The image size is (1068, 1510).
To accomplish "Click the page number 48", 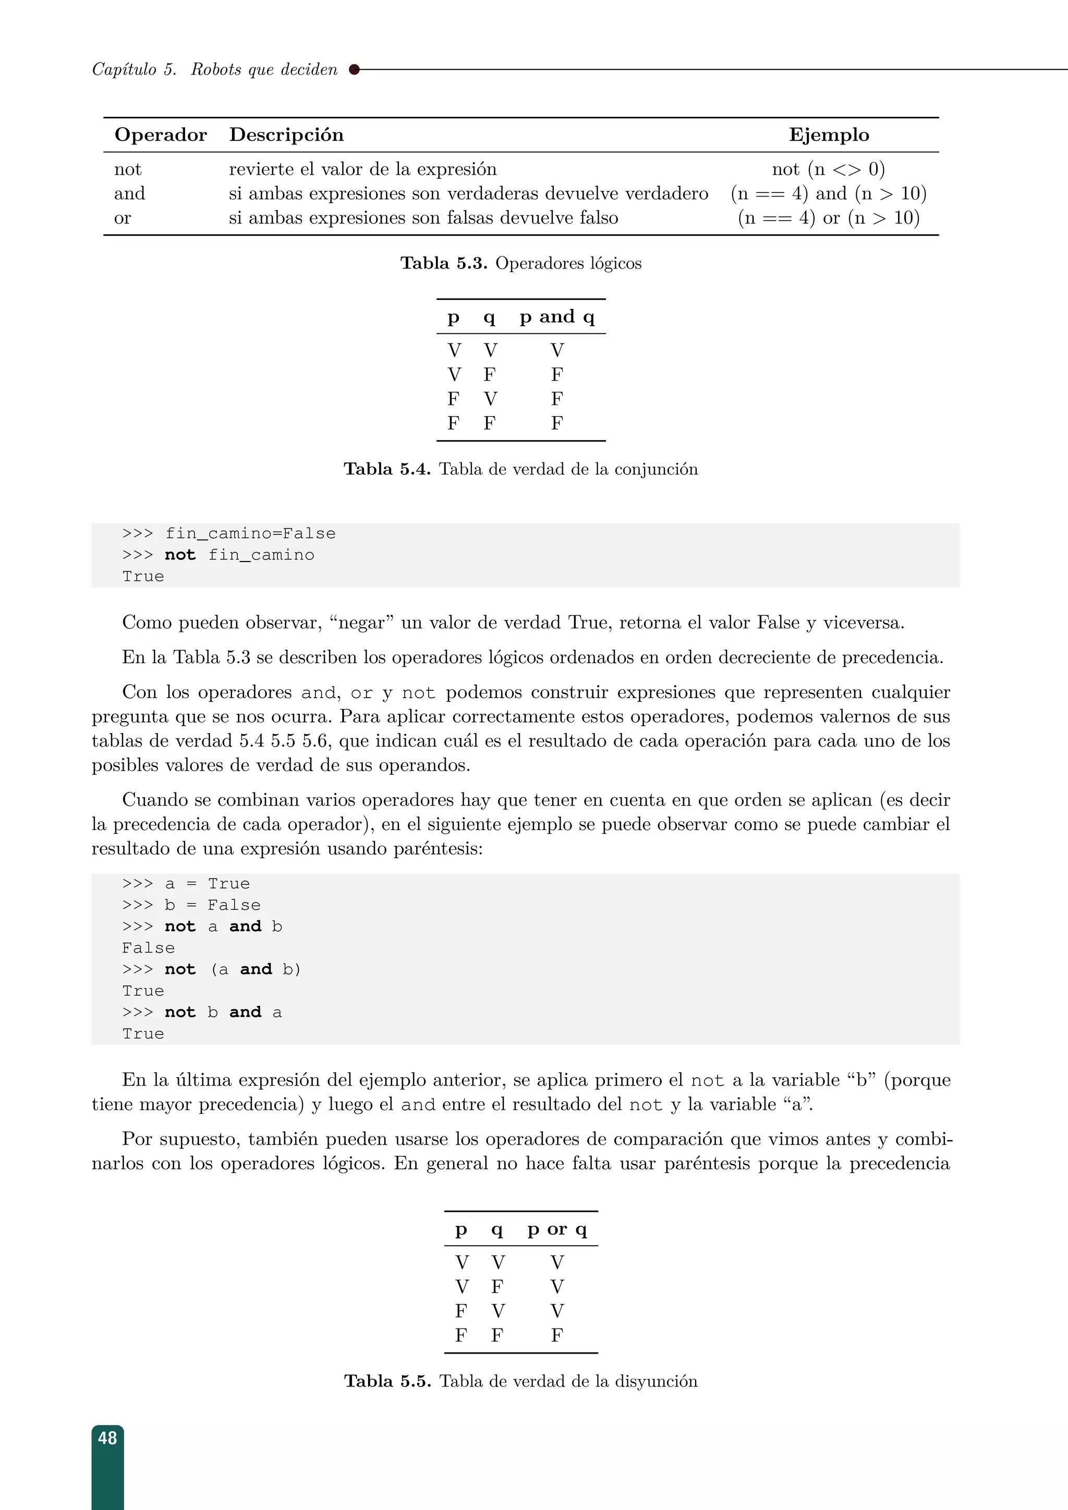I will [x=107, y=1439].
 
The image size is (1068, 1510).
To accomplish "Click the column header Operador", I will [x=161, y=135].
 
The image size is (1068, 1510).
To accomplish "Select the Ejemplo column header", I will [x=829, y=135].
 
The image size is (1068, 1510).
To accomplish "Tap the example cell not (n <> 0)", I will [x=828, y=169].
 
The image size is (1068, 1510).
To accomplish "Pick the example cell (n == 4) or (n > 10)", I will [x=828, y=217].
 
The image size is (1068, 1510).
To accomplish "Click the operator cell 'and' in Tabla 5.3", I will [x=129, y=193].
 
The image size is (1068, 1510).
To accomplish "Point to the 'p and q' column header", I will [x=557, y=317].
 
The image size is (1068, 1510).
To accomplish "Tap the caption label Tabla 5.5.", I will [x=387, y=1381].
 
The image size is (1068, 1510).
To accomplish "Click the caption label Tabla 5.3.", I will [x=444, y=263].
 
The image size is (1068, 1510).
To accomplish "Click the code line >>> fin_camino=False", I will [x=229, y=533].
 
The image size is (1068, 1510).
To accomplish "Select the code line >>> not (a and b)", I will [x=211, y=969].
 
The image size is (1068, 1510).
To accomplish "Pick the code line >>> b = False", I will [x=191, y=905].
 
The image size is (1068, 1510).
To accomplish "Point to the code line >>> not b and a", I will [x=202, y=1012].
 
